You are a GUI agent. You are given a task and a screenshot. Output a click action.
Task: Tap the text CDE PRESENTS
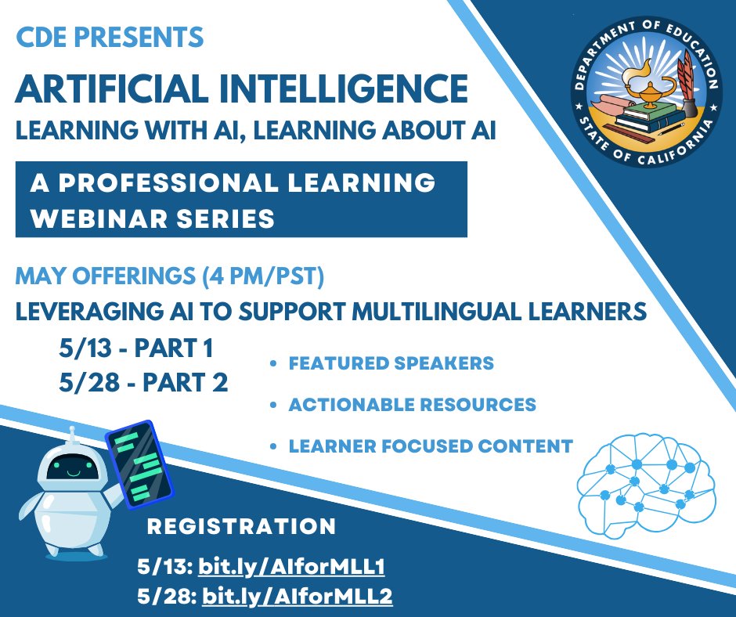point(110,37)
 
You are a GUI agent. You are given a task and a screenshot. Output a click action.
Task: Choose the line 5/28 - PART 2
point(143,383)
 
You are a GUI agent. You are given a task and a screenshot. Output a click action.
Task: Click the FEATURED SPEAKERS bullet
point(391,364)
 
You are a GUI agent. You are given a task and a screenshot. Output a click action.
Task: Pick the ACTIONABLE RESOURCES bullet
point(412,405)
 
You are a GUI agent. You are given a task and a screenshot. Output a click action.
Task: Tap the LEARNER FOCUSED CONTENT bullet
point(431,446)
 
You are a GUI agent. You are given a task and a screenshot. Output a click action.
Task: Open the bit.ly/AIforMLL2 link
point(297,597)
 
